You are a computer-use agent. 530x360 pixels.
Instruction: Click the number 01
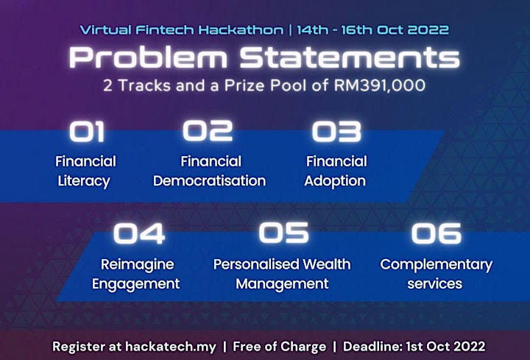coord(87,132)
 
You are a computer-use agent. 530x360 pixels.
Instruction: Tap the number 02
coord(208,130)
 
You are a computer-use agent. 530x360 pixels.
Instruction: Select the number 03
coord(336,131)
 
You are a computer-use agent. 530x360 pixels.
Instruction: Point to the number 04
coord(139,233)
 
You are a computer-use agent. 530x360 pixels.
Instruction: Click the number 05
coord(283,233)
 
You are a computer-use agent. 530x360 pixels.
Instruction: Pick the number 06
coord(436,233)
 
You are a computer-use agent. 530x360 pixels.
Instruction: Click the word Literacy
coord(84,181)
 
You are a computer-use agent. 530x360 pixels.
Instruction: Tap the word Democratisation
coord(209,181)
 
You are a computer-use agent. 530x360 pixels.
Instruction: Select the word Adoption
coord(335,182)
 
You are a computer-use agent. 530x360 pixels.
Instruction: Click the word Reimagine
coord(137,265)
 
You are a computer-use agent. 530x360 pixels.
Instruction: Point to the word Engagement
coord(136,284)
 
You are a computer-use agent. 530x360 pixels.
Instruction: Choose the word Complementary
coord(436,265)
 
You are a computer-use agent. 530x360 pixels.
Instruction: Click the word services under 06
coord(435,284)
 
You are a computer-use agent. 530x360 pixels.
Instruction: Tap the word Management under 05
coord(282,284)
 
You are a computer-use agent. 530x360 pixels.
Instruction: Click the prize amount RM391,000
coord(380,85)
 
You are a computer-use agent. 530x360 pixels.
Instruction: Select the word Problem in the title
coord(148,57)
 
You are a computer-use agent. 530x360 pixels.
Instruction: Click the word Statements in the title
coord(350,57)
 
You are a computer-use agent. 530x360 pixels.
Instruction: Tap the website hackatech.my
coord(171,347)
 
